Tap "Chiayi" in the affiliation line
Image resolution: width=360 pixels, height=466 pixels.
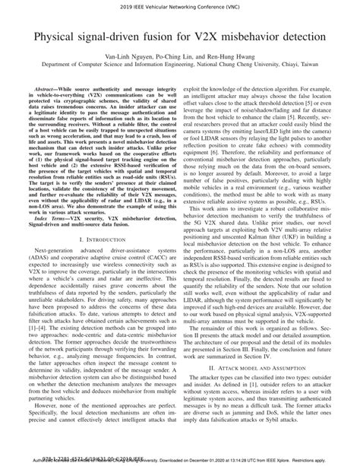pyautogui.click(x=285, y=65)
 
